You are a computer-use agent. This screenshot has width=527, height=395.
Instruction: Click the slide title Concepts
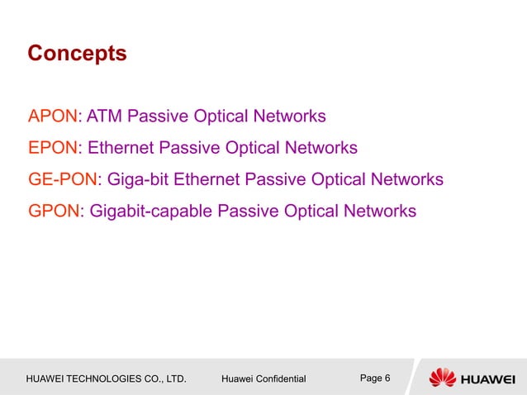point(77,54)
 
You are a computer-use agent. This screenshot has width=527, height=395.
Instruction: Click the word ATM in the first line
point(103,115)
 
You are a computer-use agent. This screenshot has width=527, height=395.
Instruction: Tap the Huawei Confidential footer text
point(264,379)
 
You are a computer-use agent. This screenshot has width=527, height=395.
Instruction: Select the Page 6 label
point(376,378)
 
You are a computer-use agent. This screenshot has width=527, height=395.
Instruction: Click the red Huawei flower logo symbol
point(442,378)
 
